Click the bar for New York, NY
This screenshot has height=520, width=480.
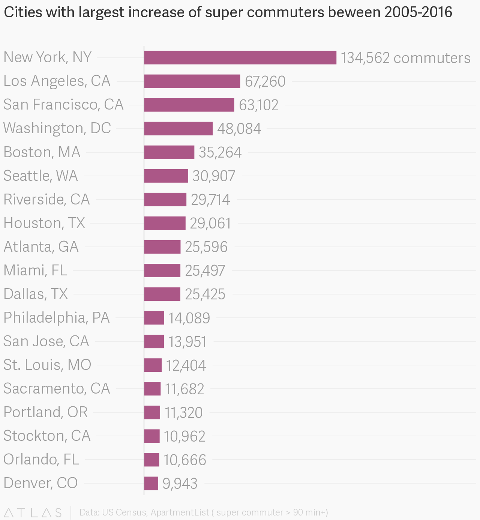tap(240, 58)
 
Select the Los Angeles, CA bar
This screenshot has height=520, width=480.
tap(192, 81)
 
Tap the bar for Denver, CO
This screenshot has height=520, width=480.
tap(151, 483)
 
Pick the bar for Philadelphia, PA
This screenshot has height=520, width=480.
tap(154, 318)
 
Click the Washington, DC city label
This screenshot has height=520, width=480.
tap(57, 128)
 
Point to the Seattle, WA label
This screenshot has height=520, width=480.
tap(40, 176)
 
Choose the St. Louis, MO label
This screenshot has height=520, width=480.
tap(47, 365)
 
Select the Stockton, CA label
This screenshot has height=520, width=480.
tap(47, 436)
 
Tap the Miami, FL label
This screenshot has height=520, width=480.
tap(35, 270)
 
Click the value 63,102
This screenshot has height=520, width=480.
tap(258, 105)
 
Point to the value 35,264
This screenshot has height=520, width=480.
tap(220, 152)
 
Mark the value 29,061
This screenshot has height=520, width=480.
tap(210, 223)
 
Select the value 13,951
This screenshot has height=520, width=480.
tap(187, 341)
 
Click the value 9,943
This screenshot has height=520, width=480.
tap(180, 484)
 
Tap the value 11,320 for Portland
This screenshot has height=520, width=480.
tap(183, 413)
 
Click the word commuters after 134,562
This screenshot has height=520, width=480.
tap(432, 58)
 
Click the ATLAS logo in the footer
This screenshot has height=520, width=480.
tap(33, 512)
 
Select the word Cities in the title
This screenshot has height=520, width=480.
tap(22, 12)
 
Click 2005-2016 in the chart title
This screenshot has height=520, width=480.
tap(418, 12)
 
